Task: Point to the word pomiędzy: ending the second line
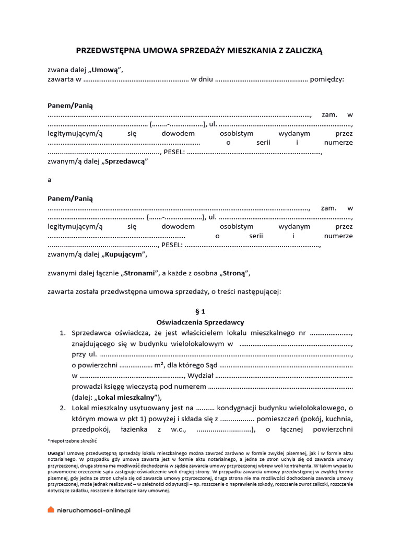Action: pos(327,79)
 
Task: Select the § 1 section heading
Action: pos(200,311)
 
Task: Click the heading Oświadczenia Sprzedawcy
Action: pos(200,322)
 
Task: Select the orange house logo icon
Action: pos(51,510)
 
